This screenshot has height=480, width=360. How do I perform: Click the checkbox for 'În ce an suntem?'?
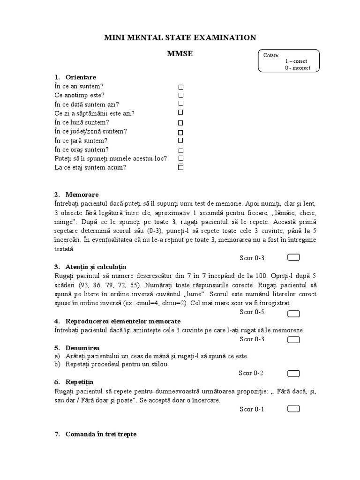181,87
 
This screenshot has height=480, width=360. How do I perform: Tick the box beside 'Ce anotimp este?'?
181,96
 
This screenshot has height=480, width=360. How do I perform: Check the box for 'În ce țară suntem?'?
180,140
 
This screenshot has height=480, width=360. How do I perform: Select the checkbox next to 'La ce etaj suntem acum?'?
181,167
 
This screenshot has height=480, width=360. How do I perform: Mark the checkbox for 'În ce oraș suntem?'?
180,150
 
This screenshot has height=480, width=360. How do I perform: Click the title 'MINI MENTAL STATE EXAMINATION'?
180,37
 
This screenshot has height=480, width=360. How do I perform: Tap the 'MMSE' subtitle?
180,54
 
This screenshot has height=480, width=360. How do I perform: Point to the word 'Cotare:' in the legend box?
271,55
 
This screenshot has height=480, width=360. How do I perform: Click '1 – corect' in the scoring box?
296,61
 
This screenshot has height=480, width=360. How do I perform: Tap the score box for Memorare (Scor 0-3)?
293,257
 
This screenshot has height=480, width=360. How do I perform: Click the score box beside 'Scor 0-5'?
293,312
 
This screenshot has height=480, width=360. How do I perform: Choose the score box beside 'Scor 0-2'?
293,373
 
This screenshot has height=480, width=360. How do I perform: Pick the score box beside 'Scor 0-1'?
293,409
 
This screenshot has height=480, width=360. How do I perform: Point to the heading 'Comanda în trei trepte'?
101,434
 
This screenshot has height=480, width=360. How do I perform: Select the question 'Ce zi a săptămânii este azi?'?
94,113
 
